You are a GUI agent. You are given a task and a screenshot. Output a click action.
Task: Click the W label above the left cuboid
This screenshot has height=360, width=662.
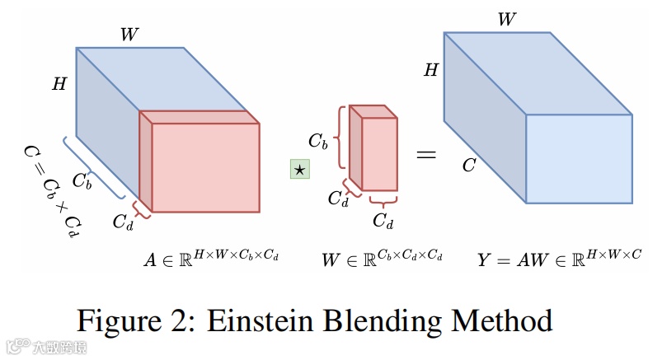click(x=129, y=35)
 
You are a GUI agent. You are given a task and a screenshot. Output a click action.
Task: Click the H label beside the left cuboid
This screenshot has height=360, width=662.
click(x=59, y=84)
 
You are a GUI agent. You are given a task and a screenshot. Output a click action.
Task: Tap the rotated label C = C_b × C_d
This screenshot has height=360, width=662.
click(x=52, y=188)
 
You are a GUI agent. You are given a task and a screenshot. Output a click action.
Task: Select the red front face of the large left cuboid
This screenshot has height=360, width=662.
click(x=205, y=167)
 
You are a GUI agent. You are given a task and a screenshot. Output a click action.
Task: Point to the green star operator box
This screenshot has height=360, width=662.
click(x=298, y=170)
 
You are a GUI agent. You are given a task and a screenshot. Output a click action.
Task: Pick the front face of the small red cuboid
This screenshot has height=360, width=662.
click(x=380, y=154)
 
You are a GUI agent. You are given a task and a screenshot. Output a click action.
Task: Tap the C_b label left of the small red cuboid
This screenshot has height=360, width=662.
click(x=318, y=141)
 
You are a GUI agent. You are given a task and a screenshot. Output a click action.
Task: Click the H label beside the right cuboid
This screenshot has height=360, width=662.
click(x=431, y=71)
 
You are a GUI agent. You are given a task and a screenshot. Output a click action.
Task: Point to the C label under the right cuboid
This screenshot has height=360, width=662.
click(x=468, y=166)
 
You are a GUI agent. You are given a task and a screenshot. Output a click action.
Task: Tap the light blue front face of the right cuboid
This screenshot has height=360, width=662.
click(x=579, y=158)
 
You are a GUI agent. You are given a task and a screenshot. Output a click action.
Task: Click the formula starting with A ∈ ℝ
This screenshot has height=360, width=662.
click(x=212, y=259)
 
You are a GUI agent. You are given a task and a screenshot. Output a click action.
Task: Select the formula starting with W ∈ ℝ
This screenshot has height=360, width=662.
click(x=382, y=259)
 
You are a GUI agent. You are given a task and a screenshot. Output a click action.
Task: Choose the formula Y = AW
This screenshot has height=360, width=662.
click(x=558, y=259)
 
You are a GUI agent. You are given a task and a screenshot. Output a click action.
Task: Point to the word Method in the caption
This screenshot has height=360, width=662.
click(x=498, y=319)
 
